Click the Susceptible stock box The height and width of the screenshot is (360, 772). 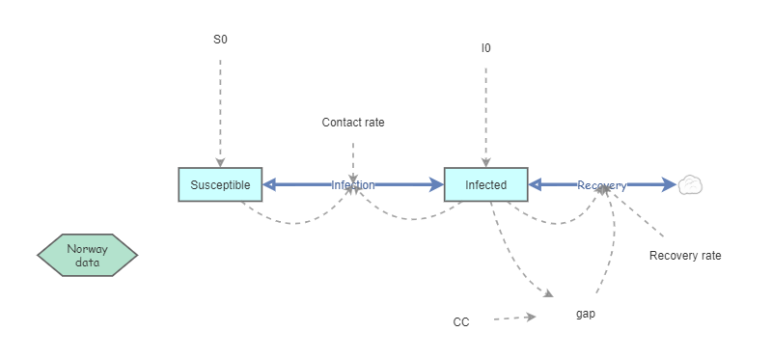220,184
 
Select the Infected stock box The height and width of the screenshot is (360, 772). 485,184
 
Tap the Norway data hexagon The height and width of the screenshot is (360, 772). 88,255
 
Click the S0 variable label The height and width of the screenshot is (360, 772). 220,41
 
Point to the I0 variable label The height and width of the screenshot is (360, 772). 485,47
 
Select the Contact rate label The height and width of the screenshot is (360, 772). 353,123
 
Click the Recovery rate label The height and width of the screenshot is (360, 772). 684,256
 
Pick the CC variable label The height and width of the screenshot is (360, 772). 461,321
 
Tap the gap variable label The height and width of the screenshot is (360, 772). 585,314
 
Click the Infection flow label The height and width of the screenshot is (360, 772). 353,184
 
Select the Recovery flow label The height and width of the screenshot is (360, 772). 601,184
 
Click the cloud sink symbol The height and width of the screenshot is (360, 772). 690,185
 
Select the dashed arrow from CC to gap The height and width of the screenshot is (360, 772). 511,318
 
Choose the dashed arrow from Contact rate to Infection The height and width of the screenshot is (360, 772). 353,159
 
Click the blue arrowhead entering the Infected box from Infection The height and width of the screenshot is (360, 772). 435,184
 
